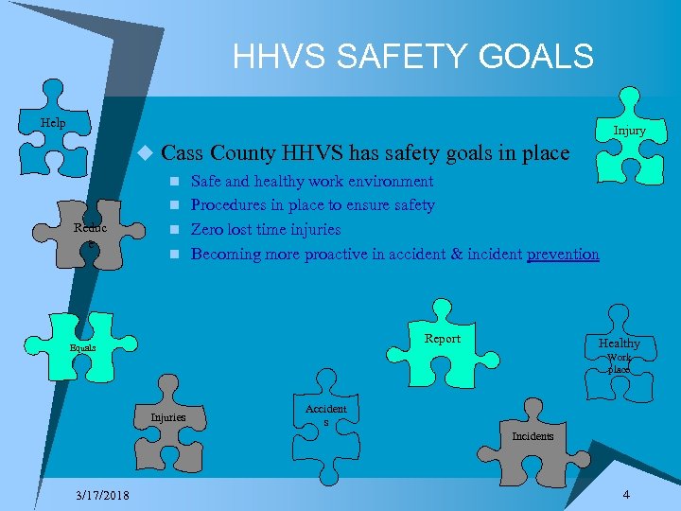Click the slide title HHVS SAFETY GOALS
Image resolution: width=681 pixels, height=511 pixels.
pos(413,56)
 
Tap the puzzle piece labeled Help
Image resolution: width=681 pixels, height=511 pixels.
pos(54,124)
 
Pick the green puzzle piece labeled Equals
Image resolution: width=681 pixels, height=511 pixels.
pos(82,348)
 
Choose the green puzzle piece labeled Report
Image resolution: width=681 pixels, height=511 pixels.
pos(442,339)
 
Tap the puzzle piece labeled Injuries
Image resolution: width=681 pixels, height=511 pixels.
pos(169,416)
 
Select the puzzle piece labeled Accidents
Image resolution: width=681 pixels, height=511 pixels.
pos(325,416)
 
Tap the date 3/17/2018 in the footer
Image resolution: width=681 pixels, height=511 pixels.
pos(103,496)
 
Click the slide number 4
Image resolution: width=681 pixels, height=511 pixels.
pos(626,495)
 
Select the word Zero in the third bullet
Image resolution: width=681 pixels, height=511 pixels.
pos(208,229)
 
